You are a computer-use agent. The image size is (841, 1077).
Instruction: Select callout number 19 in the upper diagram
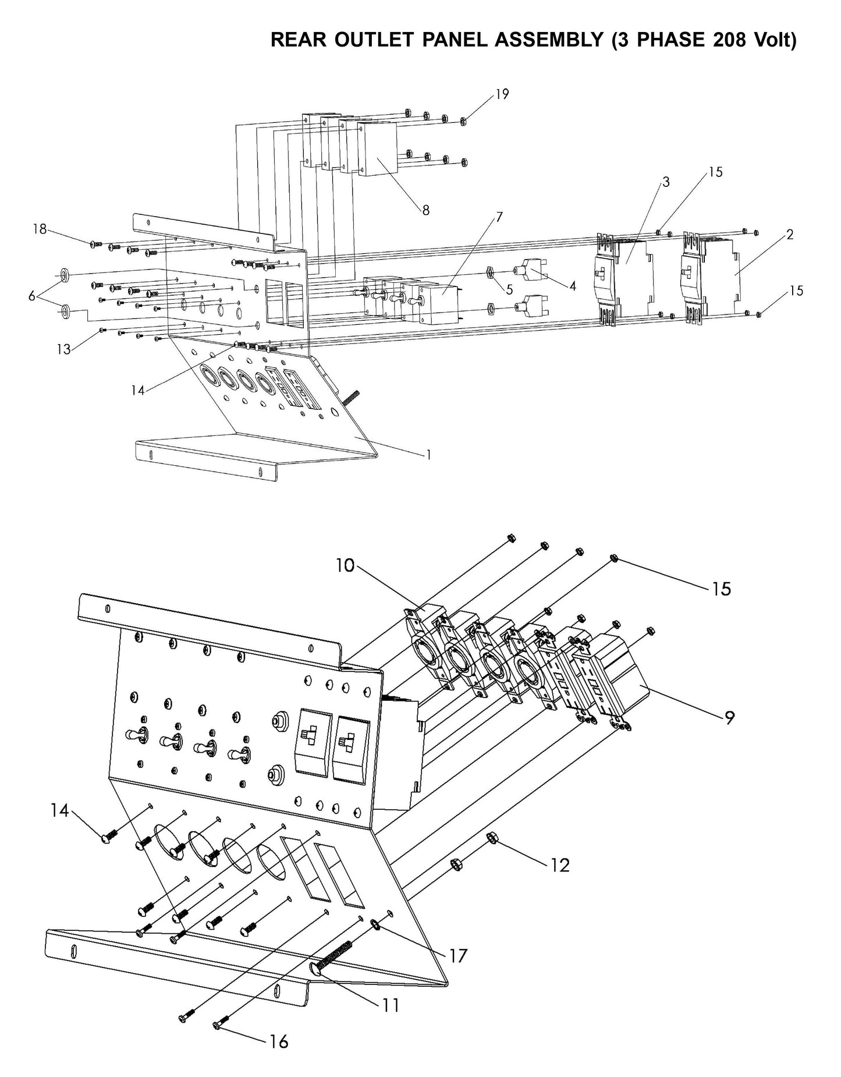click(502, 94)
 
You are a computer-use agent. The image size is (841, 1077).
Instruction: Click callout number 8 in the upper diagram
click(426, 210)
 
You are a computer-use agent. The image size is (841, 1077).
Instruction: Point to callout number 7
click(499, 217)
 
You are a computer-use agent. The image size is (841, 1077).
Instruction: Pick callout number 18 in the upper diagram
click(40, 229)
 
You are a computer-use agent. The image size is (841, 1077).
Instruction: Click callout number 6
click(32, 296)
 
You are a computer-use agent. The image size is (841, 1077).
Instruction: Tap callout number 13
click(63, 349)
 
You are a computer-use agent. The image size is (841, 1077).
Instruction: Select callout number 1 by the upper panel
click(428, 455)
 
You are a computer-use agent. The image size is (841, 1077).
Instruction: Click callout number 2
click(789, 235)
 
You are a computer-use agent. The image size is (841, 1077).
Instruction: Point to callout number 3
click(666, 182)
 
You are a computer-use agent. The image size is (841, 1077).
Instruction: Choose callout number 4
click(573, 286)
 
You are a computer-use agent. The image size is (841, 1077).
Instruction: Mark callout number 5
click(509, 290)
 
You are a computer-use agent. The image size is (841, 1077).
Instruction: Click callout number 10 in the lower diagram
click(345, 565)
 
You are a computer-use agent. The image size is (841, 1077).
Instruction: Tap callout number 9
click(729, 718)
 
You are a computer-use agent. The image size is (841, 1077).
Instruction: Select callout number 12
click(560, 865)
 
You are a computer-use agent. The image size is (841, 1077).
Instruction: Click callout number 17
click(459, 955)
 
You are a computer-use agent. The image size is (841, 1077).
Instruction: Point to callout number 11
click(391, 1004)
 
